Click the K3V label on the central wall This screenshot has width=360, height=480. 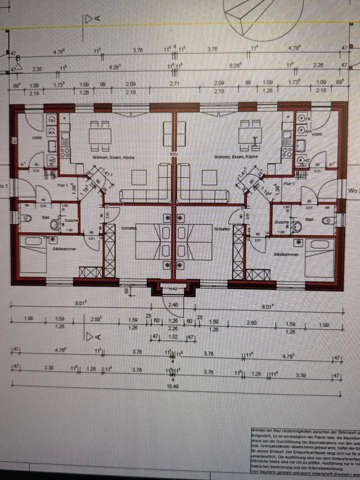click(x=174, y=154)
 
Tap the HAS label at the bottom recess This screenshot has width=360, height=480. click(x=173, y=288)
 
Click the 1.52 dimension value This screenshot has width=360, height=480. click(x=172, y=337)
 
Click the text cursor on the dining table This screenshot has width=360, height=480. click(x=255, y=141)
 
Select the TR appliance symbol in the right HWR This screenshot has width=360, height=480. click(x=307, y=120)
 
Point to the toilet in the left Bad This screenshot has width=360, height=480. click(x=27, y=218)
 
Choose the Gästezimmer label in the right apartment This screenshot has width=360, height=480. click(x=285, y=254)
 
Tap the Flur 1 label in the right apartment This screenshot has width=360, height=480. click(x=288, y=184)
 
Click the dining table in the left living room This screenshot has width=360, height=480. click(x=100, y=135)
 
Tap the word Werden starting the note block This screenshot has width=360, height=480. click(x=259, y=429)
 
